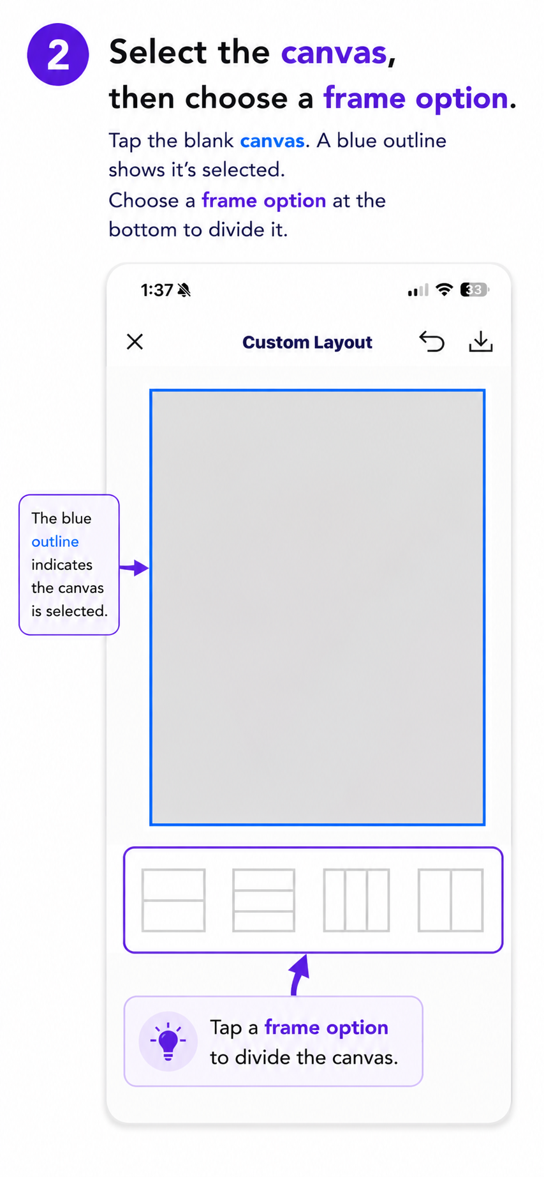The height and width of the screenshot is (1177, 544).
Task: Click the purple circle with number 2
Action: point(57,54)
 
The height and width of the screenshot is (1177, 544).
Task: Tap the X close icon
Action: point(135,342)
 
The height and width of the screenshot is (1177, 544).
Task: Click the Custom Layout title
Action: point(307,343)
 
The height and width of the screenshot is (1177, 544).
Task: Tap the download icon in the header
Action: point(481,341)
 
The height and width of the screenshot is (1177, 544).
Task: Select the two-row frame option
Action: point(173,900)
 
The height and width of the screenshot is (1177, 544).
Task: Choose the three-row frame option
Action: point(264,900)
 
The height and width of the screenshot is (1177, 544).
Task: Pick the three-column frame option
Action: point(357,900)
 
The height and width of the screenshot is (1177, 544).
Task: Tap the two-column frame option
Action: point(450,900)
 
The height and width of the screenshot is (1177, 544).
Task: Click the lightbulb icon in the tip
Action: point(168,1041)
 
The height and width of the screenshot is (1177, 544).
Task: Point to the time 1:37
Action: point(157,290)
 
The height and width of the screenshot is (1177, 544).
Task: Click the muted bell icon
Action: point(184,290)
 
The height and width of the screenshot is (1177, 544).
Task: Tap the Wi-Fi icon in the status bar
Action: point(444,290)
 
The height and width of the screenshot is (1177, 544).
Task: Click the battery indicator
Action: point(474,290)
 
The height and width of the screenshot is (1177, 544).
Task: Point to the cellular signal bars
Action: point(418,291)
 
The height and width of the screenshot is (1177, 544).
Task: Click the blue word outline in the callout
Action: point(55,542)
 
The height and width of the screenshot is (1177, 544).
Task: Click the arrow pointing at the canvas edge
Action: point(134,567)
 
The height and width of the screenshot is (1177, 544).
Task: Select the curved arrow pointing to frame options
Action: point(299,974)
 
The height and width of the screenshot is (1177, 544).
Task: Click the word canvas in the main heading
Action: point(334,53)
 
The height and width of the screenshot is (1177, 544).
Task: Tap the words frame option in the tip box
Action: point(327,1028)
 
